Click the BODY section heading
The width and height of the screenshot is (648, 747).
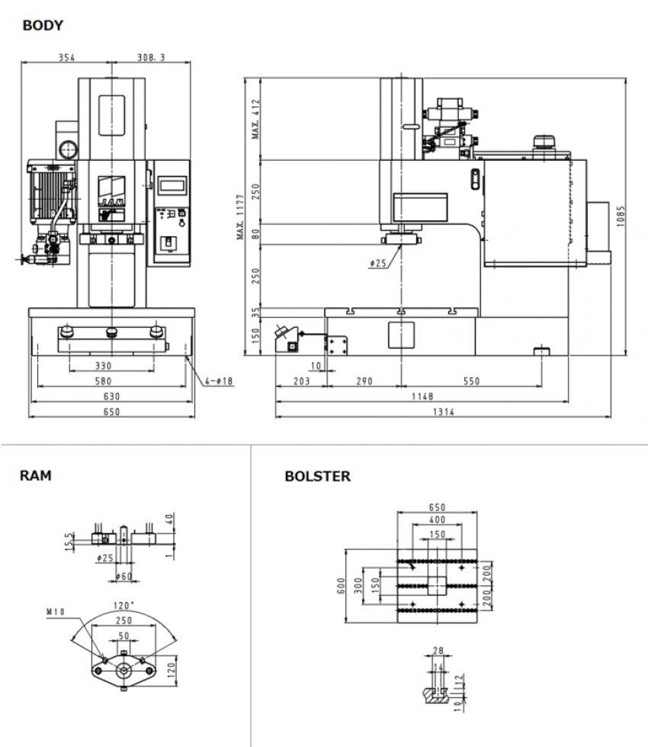click(43, 26)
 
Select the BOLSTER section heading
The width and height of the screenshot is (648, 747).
click(317, 476)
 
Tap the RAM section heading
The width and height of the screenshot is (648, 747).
click(36, 476)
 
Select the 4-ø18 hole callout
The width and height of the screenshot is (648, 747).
click(220, 380)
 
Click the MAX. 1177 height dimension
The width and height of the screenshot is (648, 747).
click(240, 216)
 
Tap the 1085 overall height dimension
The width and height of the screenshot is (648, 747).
click(621, 210)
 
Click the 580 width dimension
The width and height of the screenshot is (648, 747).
click(111, 381)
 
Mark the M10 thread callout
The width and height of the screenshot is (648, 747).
click(56, 610)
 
